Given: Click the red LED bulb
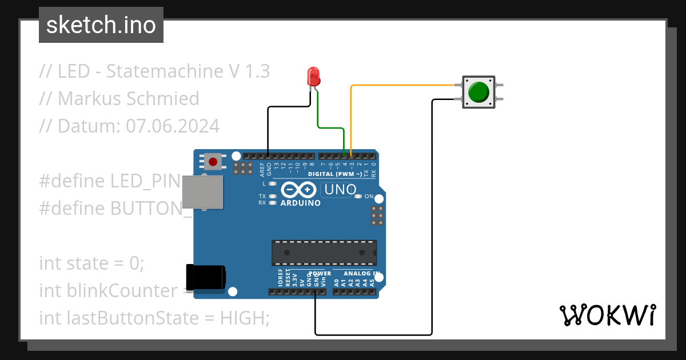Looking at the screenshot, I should coord(313,76).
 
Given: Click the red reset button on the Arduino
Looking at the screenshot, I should coord(213,162).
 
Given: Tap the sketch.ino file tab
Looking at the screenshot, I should coord(101,25).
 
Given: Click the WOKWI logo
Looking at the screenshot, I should coord(607,315).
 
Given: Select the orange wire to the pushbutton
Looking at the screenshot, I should coord(400,86).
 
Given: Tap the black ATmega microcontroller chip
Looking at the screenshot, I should coord(324,253).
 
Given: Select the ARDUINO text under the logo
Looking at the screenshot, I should coord(300,202).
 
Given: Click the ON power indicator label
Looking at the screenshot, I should coord(369,197).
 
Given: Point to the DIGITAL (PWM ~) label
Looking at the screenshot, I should coord(334,174).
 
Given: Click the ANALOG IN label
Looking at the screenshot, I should coord(361,274).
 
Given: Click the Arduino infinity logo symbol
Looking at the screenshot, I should coord(298,190).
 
